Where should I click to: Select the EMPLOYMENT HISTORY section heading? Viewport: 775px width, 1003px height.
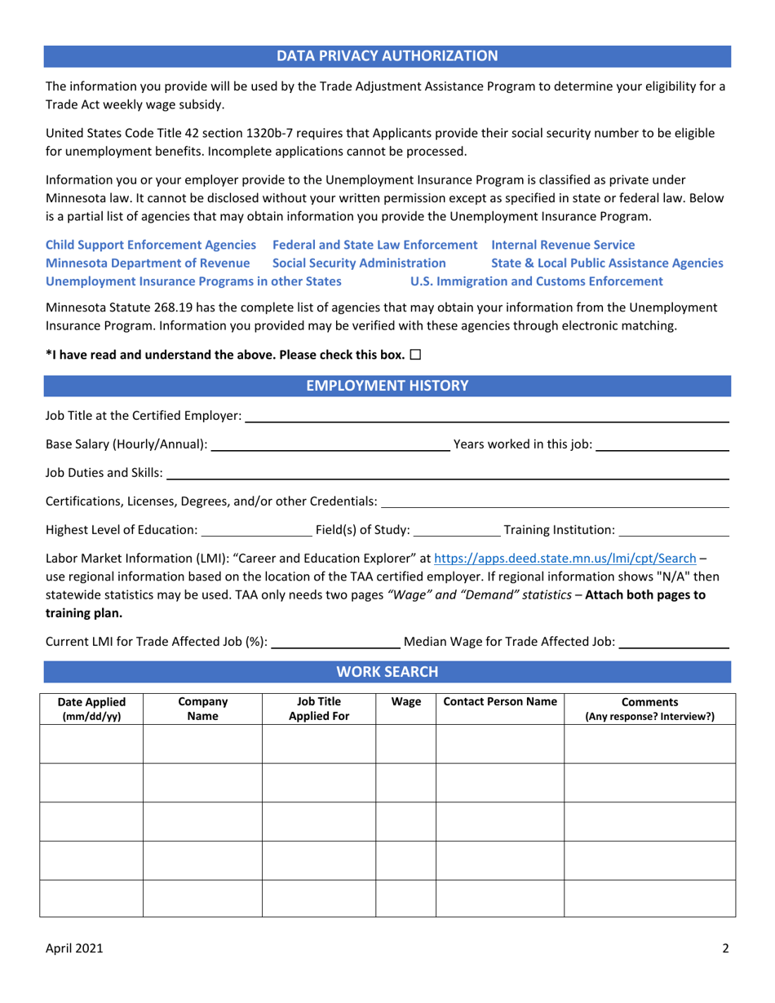click(x=387, y=386)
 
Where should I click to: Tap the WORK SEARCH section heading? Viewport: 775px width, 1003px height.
click(x=387, y=649)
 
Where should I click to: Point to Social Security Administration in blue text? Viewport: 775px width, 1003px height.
click(x=359, y=263)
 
